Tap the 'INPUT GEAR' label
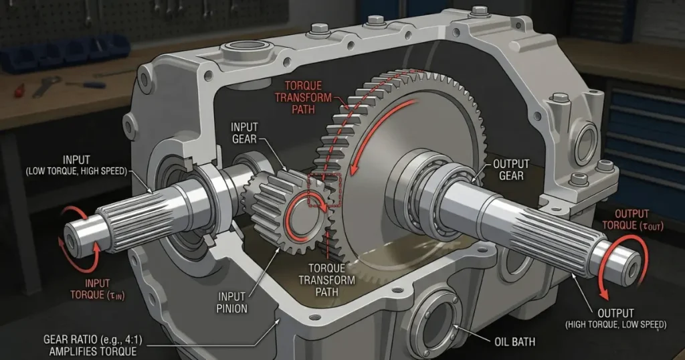click(x=244, y=132)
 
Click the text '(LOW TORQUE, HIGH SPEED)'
click(x=76, y=171)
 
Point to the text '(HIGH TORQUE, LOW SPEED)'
click(x=615, y=325)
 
